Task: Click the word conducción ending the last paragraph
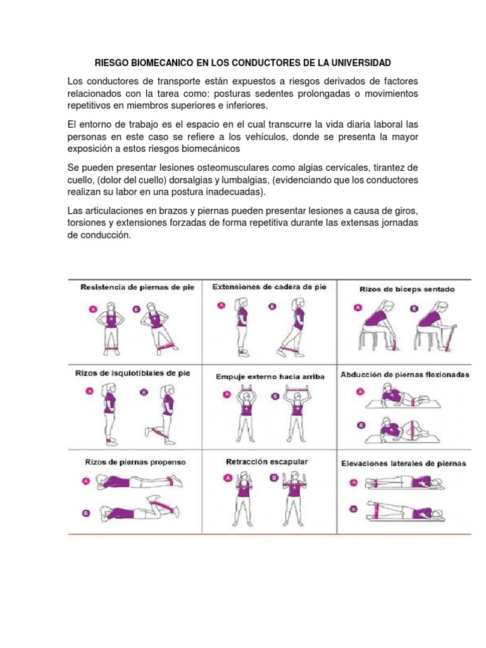pos(98,234)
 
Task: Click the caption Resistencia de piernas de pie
pos(137,287)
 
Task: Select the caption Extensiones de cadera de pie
pos(270,287)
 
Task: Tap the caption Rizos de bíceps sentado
pos(407,289)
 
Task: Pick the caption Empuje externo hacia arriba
pos(270,377)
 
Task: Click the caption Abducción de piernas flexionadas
pos(405,375)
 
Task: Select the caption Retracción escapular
pos(267,462)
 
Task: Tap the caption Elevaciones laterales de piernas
pos(403,463)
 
